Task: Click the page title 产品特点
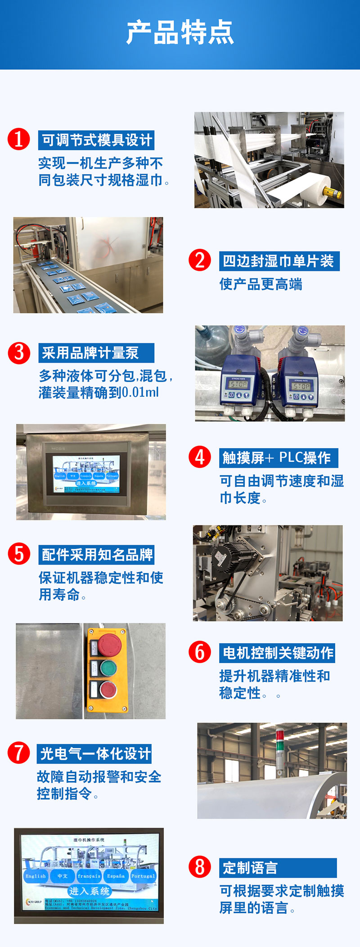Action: [x=180, y=32]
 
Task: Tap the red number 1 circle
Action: [x=18, y=139]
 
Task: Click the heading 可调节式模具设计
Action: [x=97, y=140]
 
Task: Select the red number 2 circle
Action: [x=200, y=260]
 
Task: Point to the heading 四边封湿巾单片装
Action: [x=279, y=261]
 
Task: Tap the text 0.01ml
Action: [x=140, y=392]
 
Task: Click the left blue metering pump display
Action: [x=239, y=385]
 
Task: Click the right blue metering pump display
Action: [x=301, y=386]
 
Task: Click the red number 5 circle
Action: [x=19, y=554]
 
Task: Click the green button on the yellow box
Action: [x=108, y=668]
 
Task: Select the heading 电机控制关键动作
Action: [x=278, y=653]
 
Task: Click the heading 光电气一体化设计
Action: [x=95, y=754]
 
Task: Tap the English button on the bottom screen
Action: [x=36, y=876]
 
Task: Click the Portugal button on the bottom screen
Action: [x=143, y=876]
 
